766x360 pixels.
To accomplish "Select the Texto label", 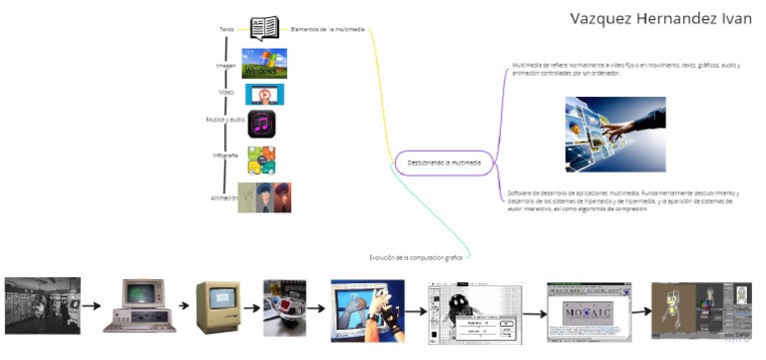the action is [x=226, y=29].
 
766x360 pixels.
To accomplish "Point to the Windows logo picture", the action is [x=263, y=64].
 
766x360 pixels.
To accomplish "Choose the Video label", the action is [x=226, y=92].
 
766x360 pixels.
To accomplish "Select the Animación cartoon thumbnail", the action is [x=264, y=196].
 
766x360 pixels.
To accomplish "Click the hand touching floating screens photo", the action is [x=615, y=134].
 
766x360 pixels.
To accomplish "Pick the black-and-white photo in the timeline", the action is [x=43, y=305].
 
